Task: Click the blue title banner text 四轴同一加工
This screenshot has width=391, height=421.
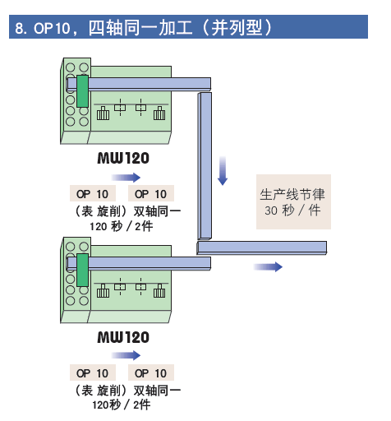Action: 140,27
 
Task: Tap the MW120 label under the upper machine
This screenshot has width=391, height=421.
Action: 123,158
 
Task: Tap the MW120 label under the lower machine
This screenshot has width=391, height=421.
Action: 123,337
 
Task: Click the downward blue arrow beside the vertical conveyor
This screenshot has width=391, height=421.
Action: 223,170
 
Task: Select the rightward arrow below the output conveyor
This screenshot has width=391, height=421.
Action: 268,266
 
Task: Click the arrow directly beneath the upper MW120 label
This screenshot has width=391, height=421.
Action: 126,178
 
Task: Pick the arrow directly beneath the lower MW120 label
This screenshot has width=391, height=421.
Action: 126,355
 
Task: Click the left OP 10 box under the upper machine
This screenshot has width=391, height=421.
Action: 93,193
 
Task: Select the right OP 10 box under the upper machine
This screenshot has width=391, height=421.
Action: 151,193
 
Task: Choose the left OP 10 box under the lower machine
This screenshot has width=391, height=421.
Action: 93,372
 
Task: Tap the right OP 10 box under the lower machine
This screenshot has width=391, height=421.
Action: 151,372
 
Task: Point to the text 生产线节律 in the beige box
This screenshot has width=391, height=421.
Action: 292,194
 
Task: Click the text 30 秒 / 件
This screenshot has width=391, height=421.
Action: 292,210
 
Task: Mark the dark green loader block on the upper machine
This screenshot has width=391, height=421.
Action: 82,91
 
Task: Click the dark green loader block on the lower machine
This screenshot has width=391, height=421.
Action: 82,270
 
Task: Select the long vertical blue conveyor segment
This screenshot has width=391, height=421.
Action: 205,166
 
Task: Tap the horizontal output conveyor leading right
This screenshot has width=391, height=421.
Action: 262,248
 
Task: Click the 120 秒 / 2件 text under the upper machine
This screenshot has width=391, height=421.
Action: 122,226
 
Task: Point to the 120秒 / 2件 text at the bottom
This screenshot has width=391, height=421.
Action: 122,405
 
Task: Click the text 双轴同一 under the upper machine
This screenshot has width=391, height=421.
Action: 157,211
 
